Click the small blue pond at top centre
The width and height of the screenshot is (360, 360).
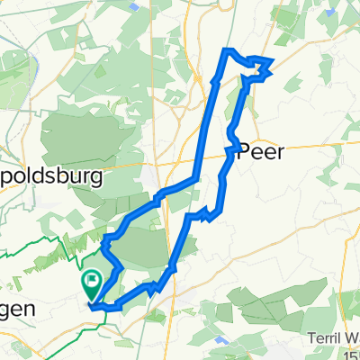135,5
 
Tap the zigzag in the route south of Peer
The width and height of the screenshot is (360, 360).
211,213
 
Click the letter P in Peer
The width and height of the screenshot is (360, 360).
244,152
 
